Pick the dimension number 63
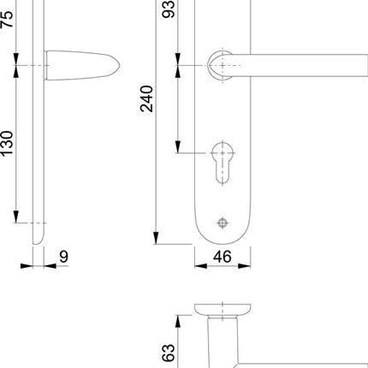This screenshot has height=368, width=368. pyautogui.click(x=169, y=352)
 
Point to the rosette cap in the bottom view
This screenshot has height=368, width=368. pyautogui.click(x=223, y=308)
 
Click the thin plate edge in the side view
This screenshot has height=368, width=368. pyautogui.click(x=37, y=154)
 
